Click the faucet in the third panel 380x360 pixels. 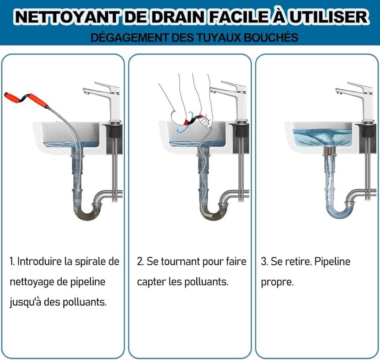coord(358,102)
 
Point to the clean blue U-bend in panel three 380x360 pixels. coord(339,210)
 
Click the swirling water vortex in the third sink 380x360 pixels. coord(331,140)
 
